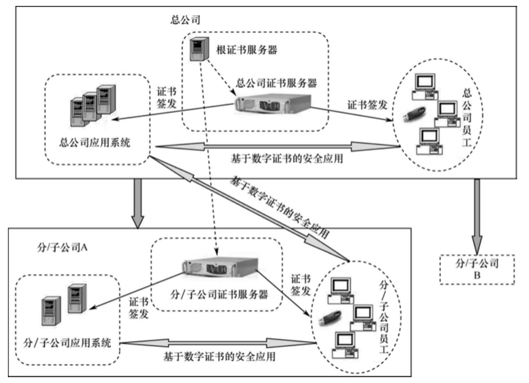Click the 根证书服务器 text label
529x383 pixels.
tap(243, 50)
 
